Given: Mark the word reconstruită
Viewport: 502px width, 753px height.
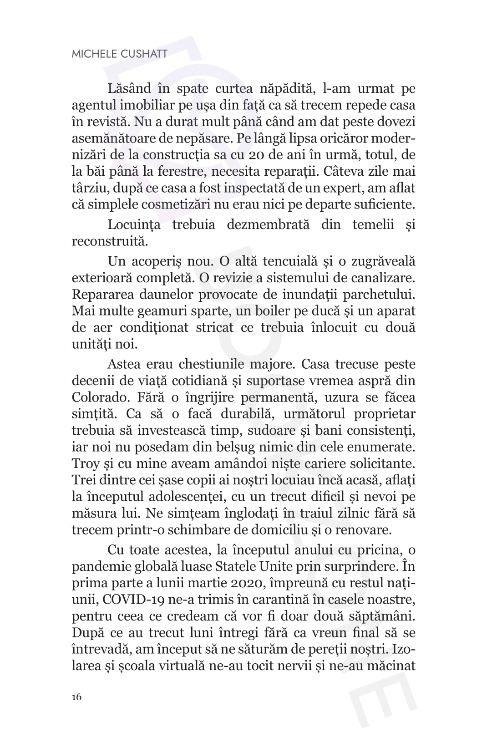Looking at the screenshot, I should click(110, 241).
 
